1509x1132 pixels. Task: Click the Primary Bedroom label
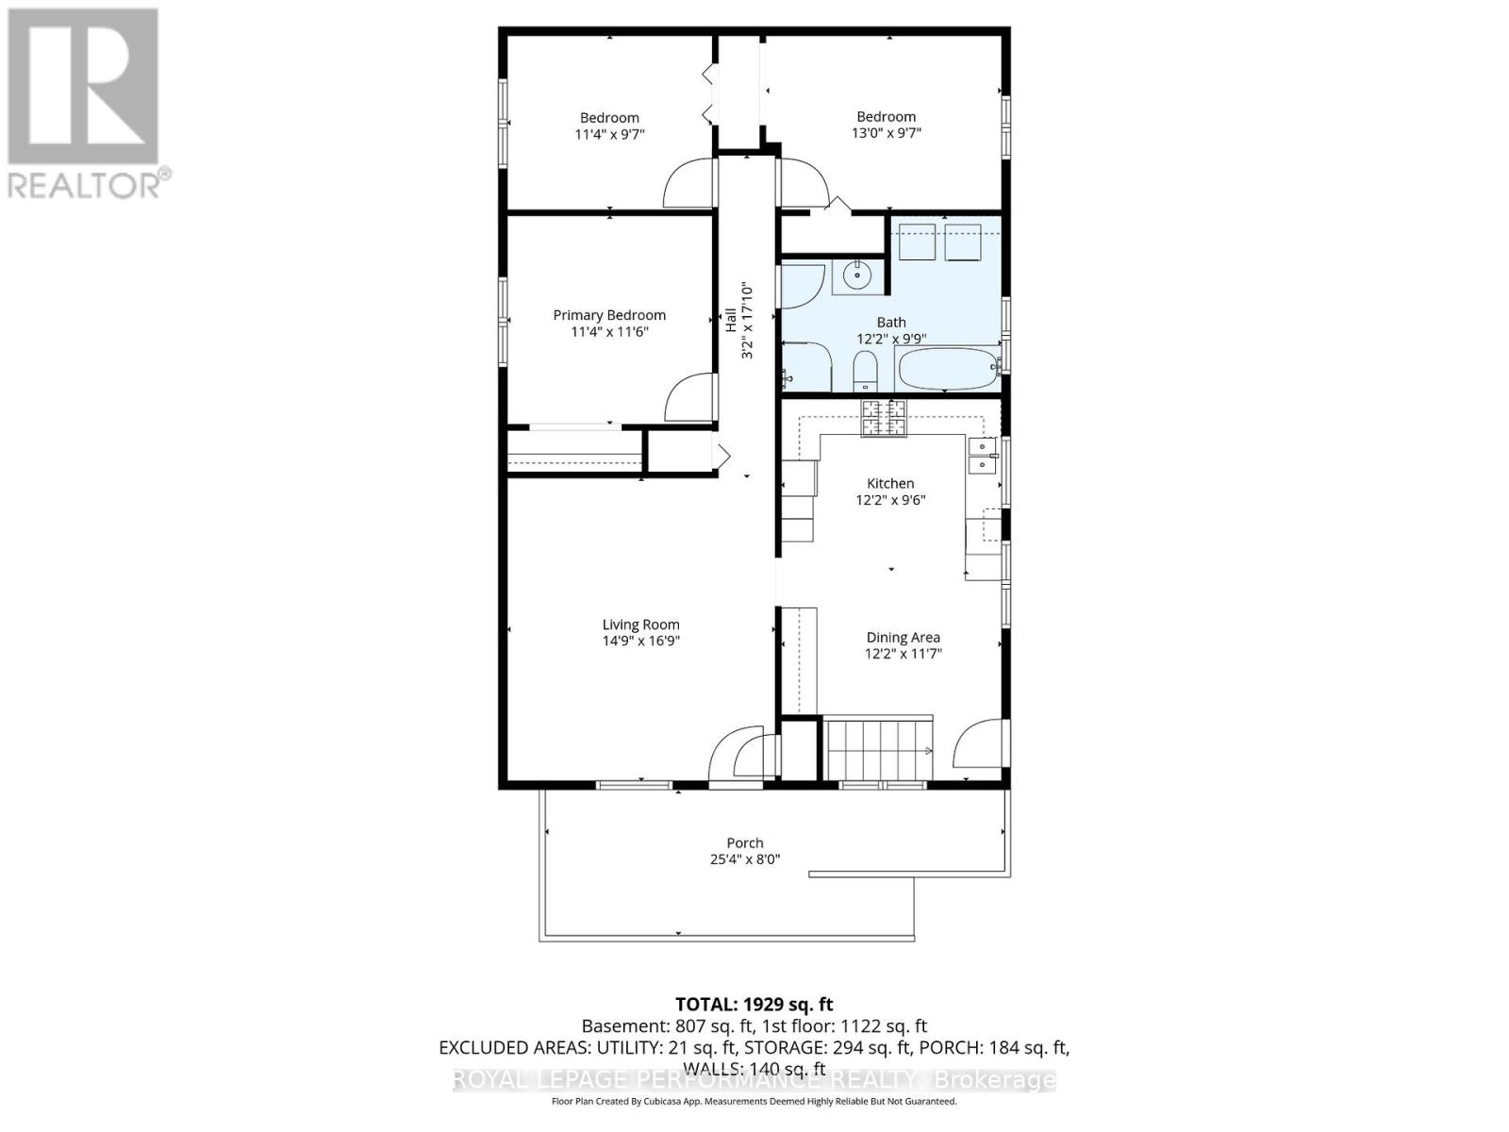(609, 315)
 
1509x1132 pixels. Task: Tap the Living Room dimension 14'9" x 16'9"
(641, 641)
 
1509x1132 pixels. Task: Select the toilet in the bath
(864, 372)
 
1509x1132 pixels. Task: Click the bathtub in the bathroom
(948, 369)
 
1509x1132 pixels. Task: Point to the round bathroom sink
(857, 276)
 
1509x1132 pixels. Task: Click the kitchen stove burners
(883, 418)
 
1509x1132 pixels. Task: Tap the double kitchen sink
(982, 455)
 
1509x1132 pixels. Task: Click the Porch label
(745, 843)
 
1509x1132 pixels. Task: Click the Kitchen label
(890, 483)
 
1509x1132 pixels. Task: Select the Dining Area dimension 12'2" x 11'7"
(904, 654)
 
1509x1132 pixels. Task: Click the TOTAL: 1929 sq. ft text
(754, 1005)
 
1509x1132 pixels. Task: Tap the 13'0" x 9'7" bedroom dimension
(886, 133)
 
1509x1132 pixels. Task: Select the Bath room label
(891, 323)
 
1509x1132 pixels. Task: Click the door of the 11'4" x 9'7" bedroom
(688, 185)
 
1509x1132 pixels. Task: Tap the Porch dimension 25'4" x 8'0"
(745, 859)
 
